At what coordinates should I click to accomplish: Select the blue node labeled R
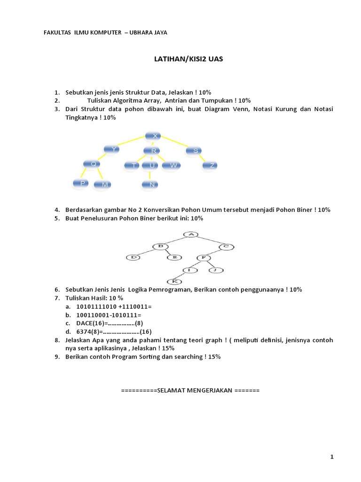click(153, 151)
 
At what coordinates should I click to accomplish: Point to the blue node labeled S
click(195, 151)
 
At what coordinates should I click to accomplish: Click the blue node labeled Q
click(93, 164)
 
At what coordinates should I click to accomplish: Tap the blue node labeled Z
click(212, 165)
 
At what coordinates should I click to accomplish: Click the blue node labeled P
click(82, 183)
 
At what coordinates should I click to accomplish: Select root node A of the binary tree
click(190, 234)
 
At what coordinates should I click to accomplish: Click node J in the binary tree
click(215, 270)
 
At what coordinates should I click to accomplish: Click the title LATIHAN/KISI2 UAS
click(189, 59)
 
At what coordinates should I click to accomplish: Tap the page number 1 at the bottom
click(332, 457)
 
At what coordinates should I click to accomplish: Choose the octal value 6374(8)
click(89, 332)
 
